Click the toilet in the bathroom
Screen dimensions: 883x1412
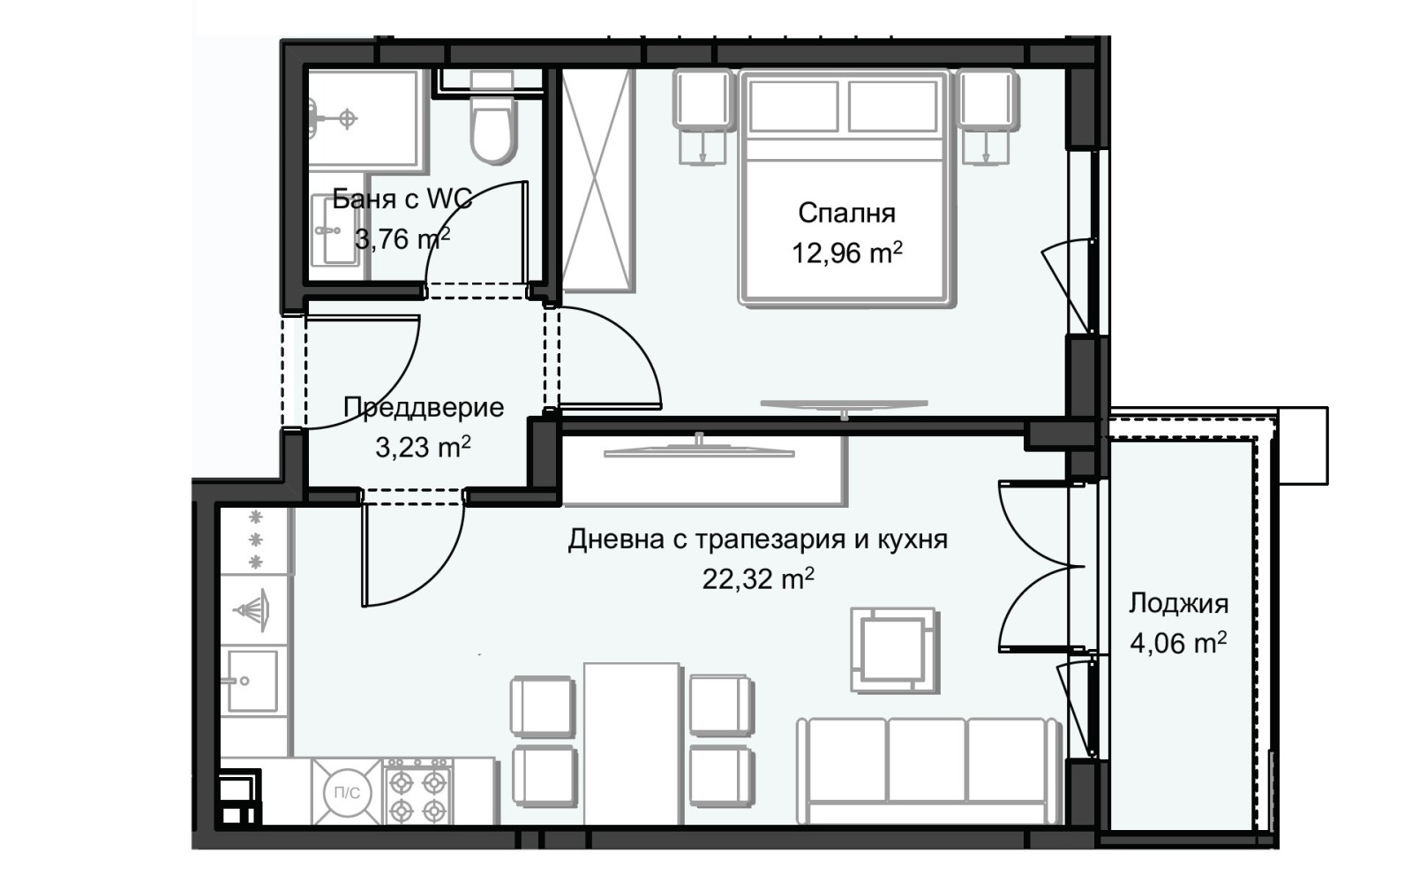(x=492, y=128)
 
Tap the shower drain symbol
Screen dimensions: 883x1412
(x=348, y=117)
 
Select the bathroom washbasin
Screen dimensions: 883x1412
(x=334, y=230)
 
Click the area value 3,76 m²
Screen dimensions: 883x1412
(x=402, y=238)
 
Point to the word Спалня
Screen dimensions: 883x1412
(x=846, y=213)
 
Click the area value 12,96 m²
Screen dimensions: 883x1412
(x=846, y=253)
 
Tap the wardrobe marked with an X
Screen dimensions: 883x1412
(x=598, y=180)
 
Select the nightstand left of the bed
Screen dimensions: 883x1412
(x=704, y=101)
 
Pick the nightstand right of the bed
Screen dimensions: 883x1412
(x=988, y=101)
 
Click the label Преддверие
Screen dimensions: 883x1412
(x=424, y=407)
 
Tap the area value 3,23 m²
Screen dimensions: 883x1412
(x=423, y=447)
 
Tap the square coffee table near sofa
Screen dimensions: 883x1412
(x=893, y=650)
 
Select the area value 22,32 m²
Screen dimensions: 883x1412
(x=757, y=579)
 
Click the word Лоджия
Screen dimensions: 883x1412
(x=1178, y=604)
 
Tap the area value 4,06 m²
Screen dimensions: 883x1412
(x=1178, y=643)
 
